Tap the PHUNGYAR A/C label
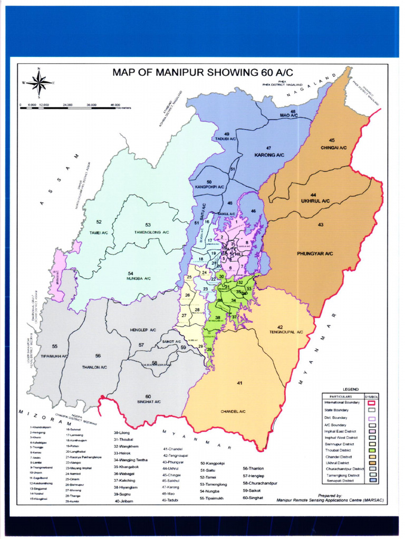pos(315,254)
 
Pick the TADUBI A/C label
pos(226,139)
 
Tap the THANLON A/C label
pos(94,366)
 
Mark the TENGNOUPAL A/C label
pos(286,332)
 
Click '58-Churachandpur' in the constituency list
pos(260,483)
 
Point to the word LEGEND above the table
pos(350,389)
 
